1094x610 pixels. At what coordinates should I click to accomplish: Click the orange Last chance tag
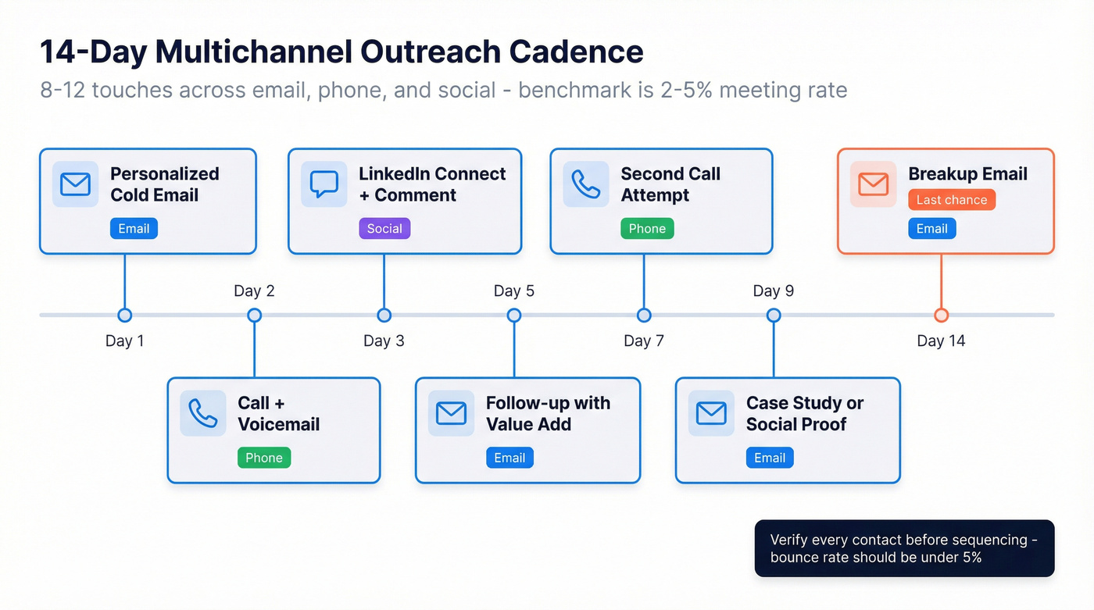coord(951,200)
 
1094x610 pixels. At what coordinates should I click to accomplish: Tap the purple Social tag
coord(384,229)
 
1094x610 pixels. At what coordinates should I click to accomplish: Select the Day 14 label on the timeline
coord(941,341)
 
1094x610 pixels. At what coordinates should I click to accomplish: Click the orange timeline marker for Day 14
coord(941,316)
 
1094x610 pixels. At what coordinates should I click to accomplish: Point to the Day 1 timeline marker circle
coord(124,316)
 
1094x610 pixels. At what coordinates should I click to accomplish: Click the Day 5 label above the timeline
coord(513,291)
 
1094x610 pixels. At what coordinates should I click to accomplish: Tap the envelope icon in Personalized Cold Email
coord(75,184)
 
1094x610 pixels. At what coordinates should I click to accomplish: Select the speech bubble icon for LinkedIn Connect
coord(324,184)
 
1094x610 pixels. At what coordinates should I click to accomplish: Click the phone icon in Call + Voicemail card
coord(203,413)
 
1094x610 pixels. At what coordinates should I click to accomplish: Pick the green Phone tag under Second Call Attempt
coord(647,229)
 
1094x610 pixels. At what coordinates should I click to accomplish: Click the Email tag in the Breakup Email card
coord(931,229)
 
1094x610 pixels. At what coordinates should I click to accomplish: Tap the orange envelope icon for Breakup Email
coord(873,184)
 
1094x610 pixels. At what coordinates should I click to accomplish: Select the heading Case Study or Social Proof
coord(804,413)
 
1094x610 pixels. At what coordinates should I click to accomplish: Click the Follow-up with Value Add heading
coord(547,413)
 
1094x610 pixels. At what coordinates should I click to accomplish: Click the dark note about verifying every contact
coord(904,548)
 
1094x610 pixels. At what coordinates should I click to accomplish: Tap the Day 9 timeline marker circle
coord(774,316)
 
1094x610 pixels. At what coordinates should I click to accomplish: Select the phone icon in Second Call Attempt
coord(586,184)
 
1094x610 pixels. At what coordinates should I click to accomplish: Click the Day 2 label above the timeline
coord(254,291)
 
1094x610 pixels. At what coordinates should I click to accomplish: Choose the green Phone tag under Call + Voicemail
coord(264,458)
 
